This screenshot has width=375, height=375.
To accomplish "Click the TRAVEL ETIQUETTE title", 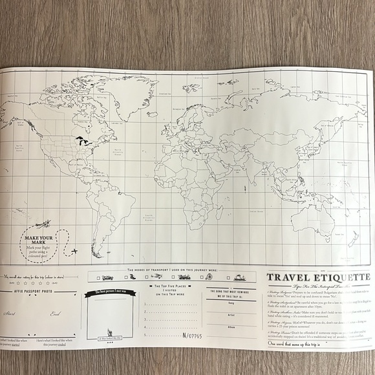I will tap(318, 278).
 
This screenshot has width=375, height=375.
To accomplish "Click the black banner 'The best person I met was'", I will tap(110, 292).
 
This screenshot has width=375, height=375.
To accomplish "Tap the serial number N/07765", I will tap(192, 336).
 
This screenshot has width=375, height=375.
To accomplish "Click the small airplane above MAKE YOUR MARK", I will tap(43, 224).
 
